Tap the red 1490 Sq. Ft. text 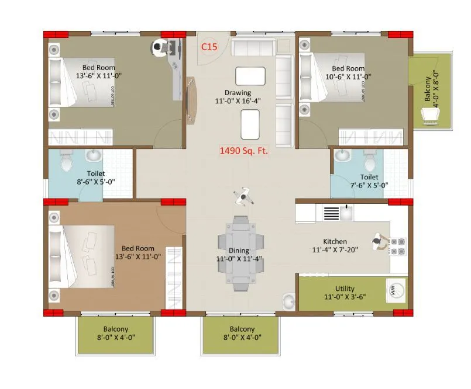(243, 151)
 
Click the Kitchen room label (335, 241)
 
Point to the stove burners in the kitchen (398, 246)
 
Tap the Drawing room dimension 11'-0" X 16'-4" (238, 100)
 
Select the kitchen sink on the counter (346, 213)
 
